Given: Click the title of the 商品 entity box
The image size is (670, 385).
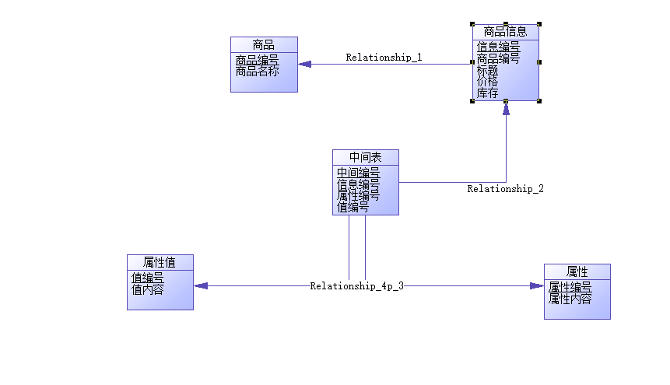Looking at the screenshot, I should click(x=264, y=44).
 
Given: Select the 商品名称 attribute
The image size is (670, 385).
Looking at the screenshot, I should click(x=257, y=71).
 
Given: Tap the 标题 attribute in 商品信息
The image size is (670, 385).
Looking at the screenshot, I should click(x=488, y=70).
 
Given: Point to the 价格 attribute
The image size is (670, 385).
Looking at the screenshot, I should click(x=488, y=82).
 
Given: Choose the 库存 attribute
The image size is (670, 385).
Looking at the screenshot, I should click(x=488, y=93).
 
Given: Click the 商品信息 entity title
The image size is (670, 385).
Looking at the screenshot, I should click(x=505, y=32).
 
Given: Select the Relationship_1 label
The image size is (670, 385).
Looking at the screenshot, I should click(x=384, y=58).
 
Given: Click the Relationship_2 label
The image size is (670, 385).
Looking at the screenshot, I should click(x=505, y=189).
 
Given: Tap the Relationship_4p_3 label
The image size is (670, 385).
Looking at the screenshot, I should click(x=357, y=286).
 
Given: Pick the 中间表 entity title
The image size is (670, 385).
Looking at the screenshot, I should click(x=365, y=157).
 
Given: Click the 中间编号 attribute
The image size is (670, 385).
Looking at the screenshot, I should click(x=358, y=173).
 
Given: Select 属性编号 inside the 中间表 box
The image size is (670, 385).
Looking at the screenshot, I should click(x=358, y=196).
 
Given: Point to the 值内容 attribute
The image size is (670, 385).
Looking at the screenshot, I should click(x=147, y=289).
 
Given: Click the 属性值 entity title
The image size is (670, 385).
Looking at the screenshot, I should click(x=160, y=262).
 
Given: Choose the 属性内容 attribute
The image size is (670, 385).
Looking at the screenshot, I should click(x=570, y=299).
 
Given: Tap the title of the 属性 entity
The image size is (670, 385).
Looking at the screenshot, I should click(x=577, y=271).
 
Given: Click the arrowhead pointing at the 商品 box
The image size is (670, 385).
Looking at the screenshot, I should click(x=304, y=65).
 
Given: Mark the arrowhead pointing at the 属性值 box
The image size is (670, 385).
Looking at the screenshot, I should click(x=201, y=285).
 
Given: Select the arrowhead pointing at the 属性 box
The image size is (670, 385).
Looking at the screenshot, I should click(x=537, y=286).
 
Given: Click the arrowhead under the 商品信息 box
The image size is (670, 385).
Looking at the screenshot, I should click(x=506, y=109).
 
